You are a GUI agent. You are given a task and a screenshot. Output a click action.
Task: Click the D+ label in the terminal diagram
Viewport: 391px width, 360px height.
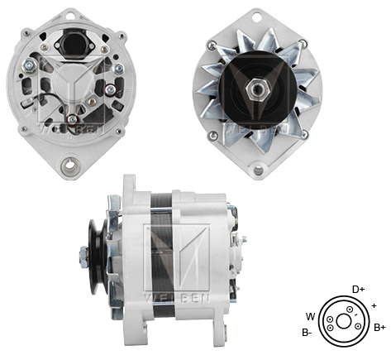pyautogui.click(x=358, y=289)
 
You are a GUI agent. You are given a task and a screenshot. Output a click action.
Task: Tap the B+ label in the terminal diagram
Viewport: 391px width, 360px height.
pyautogui.click(x=379, y=328)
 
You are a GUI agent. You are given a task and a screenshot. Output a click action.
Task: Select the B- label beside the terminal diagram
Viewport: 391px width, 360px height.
pyautogui.click(x=307, y=333)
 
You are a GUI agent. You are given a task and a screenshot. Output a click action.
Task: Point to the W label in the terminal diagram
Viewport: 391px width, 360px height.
pyautogui.click(x=310, y=315)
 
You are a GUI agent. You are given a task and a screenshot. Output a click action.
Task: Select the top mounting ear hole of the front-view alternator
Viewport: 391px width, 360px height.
pyautogui.click(x=263, y=16)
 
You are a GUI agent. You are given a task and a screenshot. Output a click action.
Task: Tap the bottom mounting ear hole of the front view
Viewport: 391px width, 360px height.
pyautogui.click(x=259, y=170)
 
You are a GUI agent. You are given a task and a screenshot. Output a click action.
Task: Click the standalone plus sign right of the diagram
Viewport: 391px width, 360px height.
pyautogui.click(x=374, y=305)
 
